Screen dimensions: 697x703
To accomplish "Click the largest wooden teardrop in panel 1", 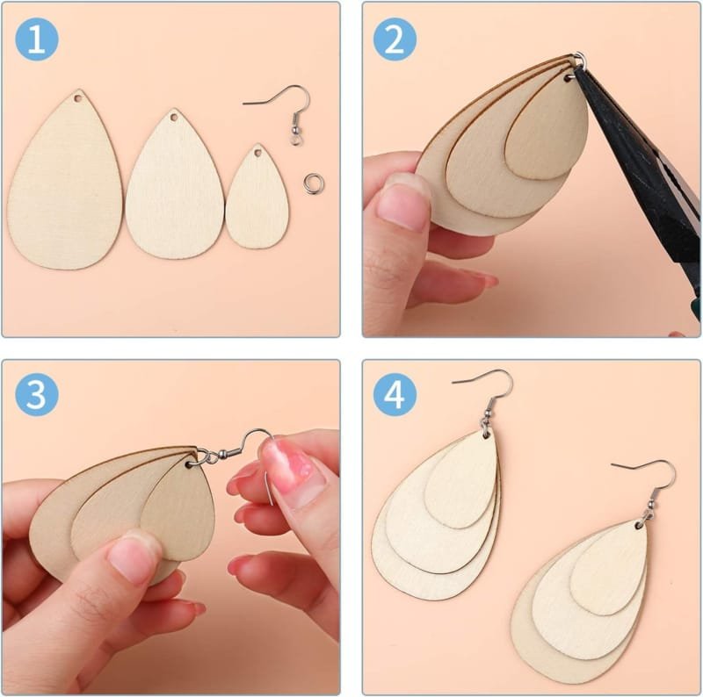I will pos(65,189).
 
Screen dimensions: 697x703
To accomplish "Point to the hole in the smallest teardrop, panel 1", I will pos(257,154).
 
